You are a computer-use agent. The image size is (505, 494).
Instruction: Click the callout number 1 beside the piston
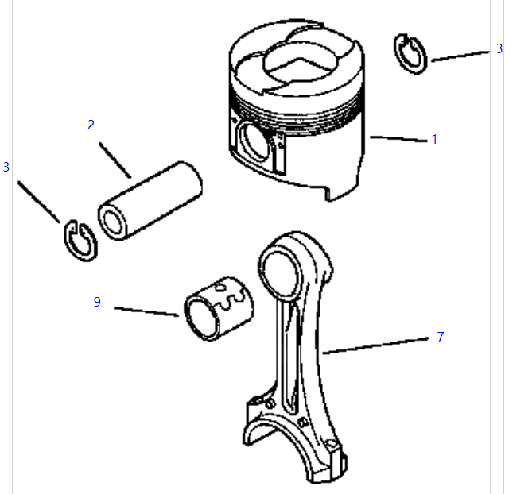(x=434, y=139)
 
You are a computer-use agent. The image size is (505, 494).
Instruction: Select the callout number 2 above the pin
(x=91, y=125)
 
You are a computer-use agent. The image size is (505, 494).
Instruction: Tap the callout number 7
(x=441, y=337)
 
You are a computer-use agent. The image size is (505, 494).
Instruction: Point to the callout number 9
(x=97, y=302)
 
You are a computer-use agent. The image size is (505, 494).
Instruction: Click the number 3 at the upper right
(x=499, y=48)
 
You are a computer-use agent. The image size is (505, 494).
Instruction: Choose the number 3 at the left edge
(x=6, y=167)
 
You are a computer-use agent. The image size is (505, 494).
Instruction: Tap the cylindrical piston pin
(x=150, y=201)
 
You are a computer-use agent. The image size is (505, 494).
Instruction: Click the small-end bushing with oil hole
(x=219, y=309)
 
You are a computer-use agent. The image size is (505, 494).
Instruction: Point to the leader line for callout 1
(x=398, y=139)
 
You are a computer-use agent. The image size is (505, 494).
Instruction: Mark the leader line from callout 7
(x=375, y=345)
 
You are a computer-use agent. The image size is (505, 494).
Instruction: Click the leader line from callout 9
(x=146, y=311)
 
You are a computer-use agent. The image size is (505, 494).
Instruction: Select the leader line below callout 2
(x=115, y=160)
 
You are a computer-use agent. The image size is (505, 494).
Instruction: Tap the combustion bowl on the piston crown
(x=301, y=63)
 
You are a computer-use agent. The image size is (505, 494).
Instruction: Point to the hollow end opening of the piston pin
(x=112, y=222)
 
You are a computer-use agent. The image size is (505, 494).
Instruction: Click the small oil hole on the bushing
(x=219, y=288)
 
